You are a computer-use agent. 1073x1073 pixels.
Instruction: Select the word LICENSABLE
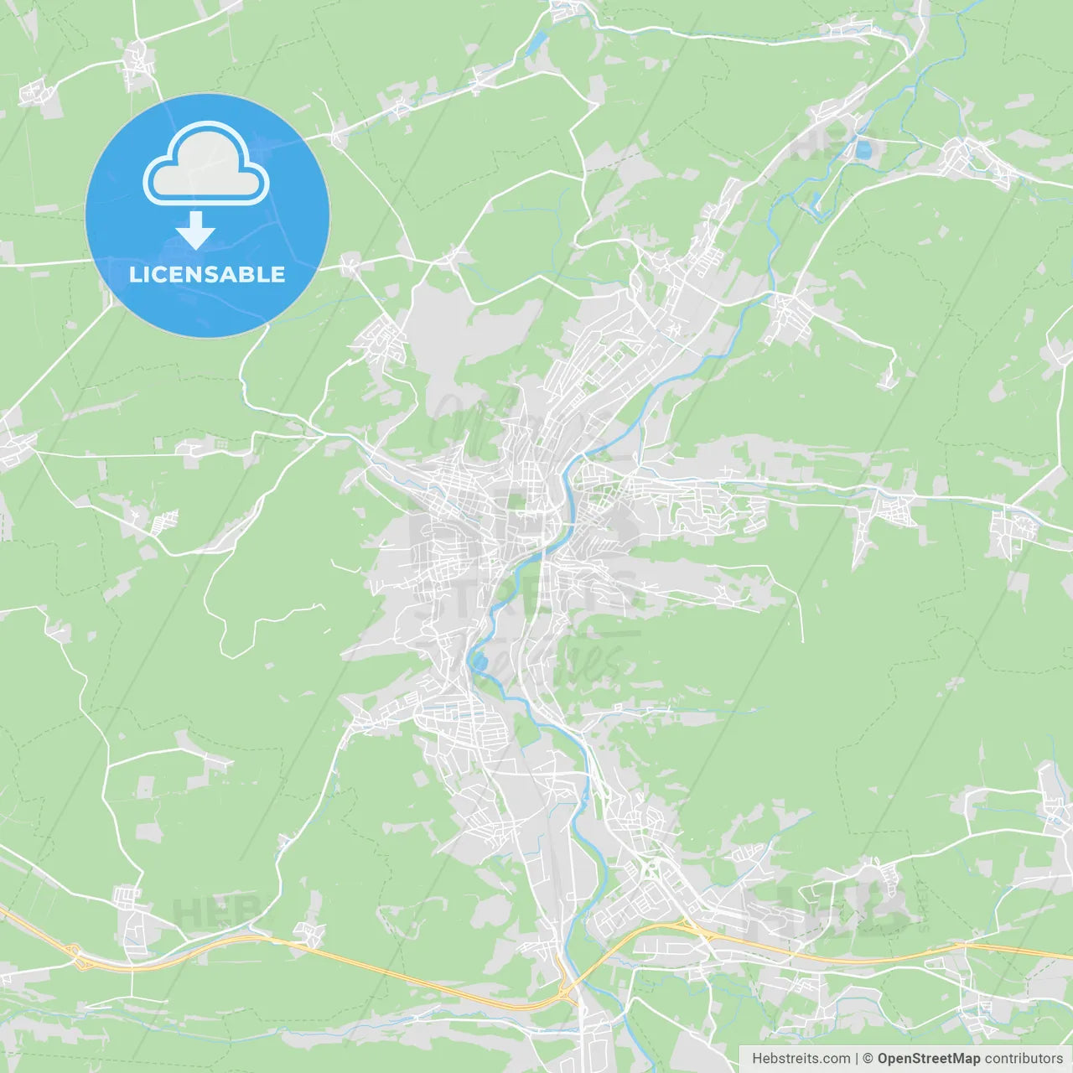(x=207, y=274)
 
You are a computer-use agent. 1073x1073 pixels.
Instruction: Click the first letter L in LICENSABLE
(x=135, y=274)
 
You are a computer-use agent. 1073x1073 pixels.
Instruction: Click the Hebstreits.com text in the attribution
(x=801, y=1059)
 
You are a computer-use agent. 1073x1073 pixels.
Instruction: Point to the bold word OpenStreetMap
(x=928, y=1059)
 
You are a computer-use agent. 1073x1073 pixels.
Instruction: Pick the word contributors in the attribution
(x=1024, y=1059)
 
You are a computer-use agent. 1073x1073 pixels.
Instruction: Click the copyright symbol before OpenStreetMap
(x=868, y=1059)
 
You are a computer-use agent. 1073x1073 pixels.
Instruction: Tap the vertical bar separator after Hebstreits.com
(x=857, y=1059)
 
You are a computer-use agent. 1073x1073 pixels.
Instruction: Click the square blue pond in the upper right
(x=863, y=150)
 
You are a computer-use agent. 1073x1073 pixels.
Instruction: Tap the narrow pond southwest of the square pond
(x=815, y=200)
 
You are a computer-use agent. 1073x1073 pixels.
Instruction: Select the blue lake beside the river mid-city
(x=480, y=663)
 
